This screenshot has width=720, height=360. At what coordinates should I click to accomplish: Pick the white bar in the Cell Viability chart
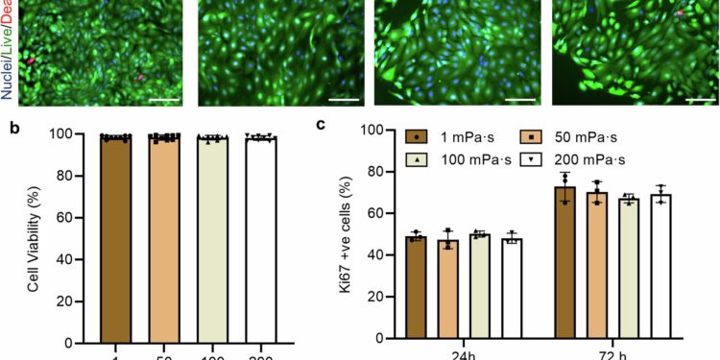260,240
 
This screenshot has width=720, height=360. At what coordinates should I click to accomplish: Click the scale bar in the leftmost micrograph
165,97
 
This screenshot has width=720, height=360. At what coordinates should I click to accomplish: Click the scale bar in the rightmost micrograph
701,97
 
